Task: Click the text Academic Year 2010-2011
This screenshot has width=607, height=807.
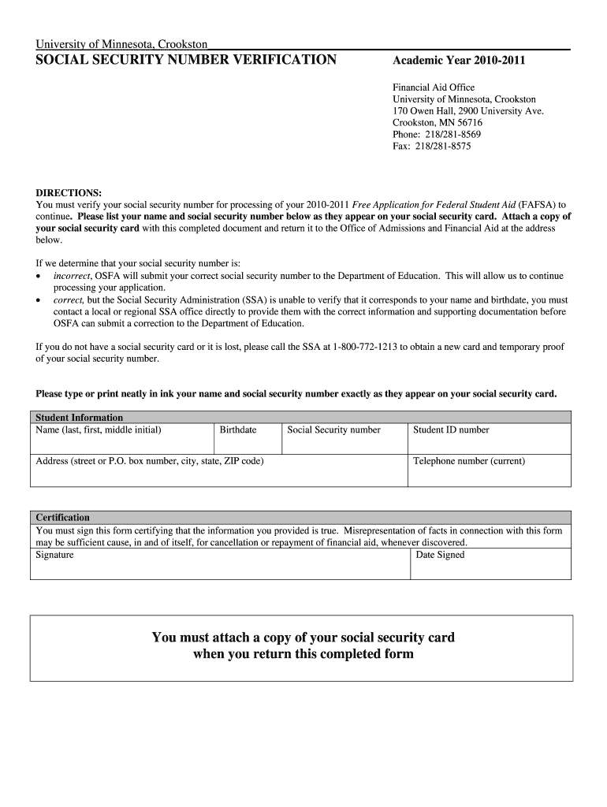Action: pos(459,61)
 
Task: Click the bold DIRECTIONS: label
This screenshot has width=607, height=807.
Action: pos(69,193)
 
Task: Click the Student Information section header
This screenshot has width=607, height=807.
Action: pos(80,418)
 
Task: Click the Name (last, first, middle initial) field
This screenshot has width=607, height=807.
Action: pos(122,441)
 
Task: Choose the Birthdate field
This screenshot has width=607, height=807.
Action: pos(247,441)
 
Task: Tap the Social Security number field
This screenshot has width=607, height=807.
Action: pos(344,441)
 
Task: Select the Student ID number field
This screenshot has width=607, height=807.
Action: pos(489,441)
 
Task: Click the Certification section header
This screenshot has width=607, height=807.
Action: pos(63,518)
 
